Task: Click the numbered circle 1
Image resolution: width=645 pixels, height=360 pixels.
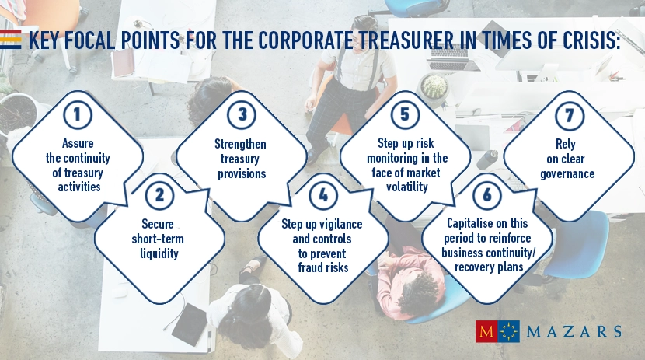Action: tap(77, 115)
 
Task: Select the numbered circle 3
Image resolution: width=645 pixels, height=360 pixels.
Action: tap(242, 115)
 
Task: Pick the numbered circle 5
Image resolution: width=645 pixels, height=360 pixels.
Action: tap(405, 115)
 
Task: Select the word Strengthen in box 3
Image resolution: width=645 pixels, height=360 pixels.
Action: tap(240, 144)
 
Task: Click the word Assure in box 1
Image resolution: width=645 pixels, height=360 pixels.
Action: tap(77, 144)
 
